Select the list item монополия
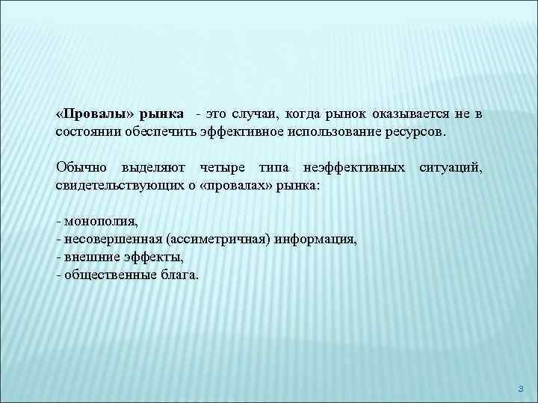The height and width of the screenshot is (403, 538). click(x=101, y=221)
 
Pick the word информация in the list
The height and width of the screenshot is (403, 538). click(x=316, y=239)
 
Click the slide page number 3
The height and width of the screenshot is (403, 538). click(x=522, y=388)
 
